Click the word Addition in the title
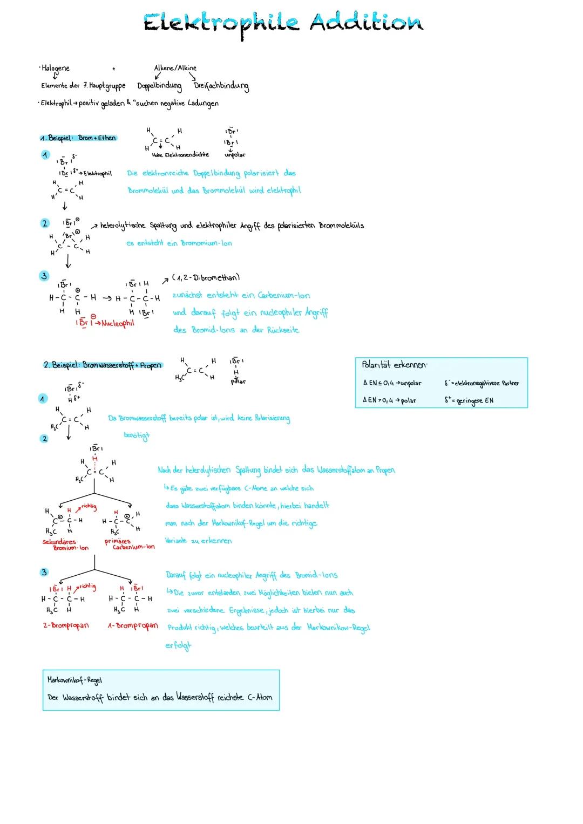(x=367, y=23)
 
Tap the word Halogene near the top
(x=56, y=69)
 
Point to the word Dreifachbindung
(x=221, y=86)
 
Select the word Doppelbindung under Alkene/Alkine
(x=159, y=86)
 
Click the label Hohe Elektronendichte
(x=180, y=155)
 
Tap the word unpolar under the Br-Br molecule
(x=235, y=155)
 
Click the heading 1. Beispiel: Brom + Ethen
(x=79, y=138)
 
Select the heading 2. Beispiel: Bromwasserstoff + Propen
(x=103, y=365)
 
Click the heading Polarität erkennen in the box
(x=394, y=365)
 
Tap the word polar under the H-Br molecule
(x=238, y=382)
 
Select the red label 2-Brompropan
(x=66, y=626)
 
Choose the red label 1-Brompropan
(x=133, y=626)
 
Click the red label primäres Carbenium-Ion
(x=130, y=544)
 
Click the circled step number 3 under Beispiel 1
(x=45, y=276)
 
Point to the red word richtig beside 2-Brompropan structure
(x=87, y=587)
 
